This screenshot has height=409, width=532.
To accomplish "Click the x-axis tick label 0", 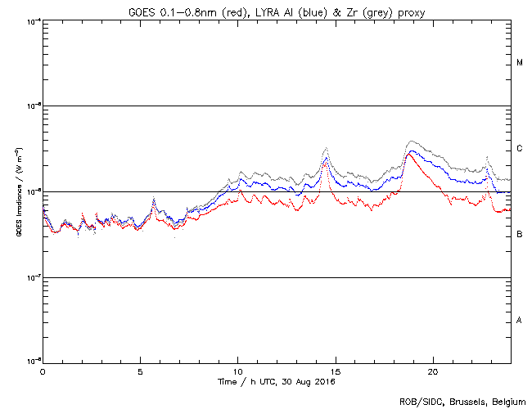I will click(x=43, y=371).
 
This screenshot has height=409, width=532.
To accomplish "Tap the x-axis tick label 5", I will click(x=140, y=371).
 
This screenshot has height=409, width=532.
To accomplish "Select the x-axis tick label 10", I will click(x=237, y=371).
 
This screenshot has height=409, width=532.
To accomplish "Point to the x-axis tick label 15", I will click(x=335, y=371).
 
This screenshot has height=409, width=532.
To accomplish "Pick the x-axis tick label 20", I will click(x=432, y=371).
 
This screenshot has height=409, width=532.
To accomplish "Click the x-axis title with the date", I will click(x=276, y=381).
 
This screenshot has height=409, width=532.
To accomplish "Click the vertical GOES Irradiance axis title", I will click(x=17, y=193).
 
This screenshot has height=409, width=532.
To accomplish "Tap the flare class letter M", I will click(x=520, y=63).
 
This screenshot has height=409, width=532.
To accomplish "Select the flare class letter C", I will click(x=520, y=149).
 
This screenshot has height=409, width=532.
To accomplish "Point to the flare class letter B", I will click(x=520, y=235).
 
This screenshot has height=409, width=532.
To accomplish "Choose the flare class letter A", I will click(x=520, y=321).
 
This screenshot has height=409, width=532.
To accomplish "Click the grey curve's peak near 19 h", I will click(x=412, y=141).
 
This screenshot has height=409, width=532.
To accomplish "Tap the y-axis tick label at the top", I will click(x=34, y=20).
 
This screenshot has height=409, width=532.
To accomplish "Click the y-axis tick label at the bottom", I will click(x=34, y=362).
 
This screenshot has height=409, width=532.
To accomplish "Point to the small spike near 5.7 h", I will click(x=153, y=200).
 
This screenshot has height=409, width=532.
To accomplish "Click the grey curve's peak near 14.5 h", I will click(x=327, y=148).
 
